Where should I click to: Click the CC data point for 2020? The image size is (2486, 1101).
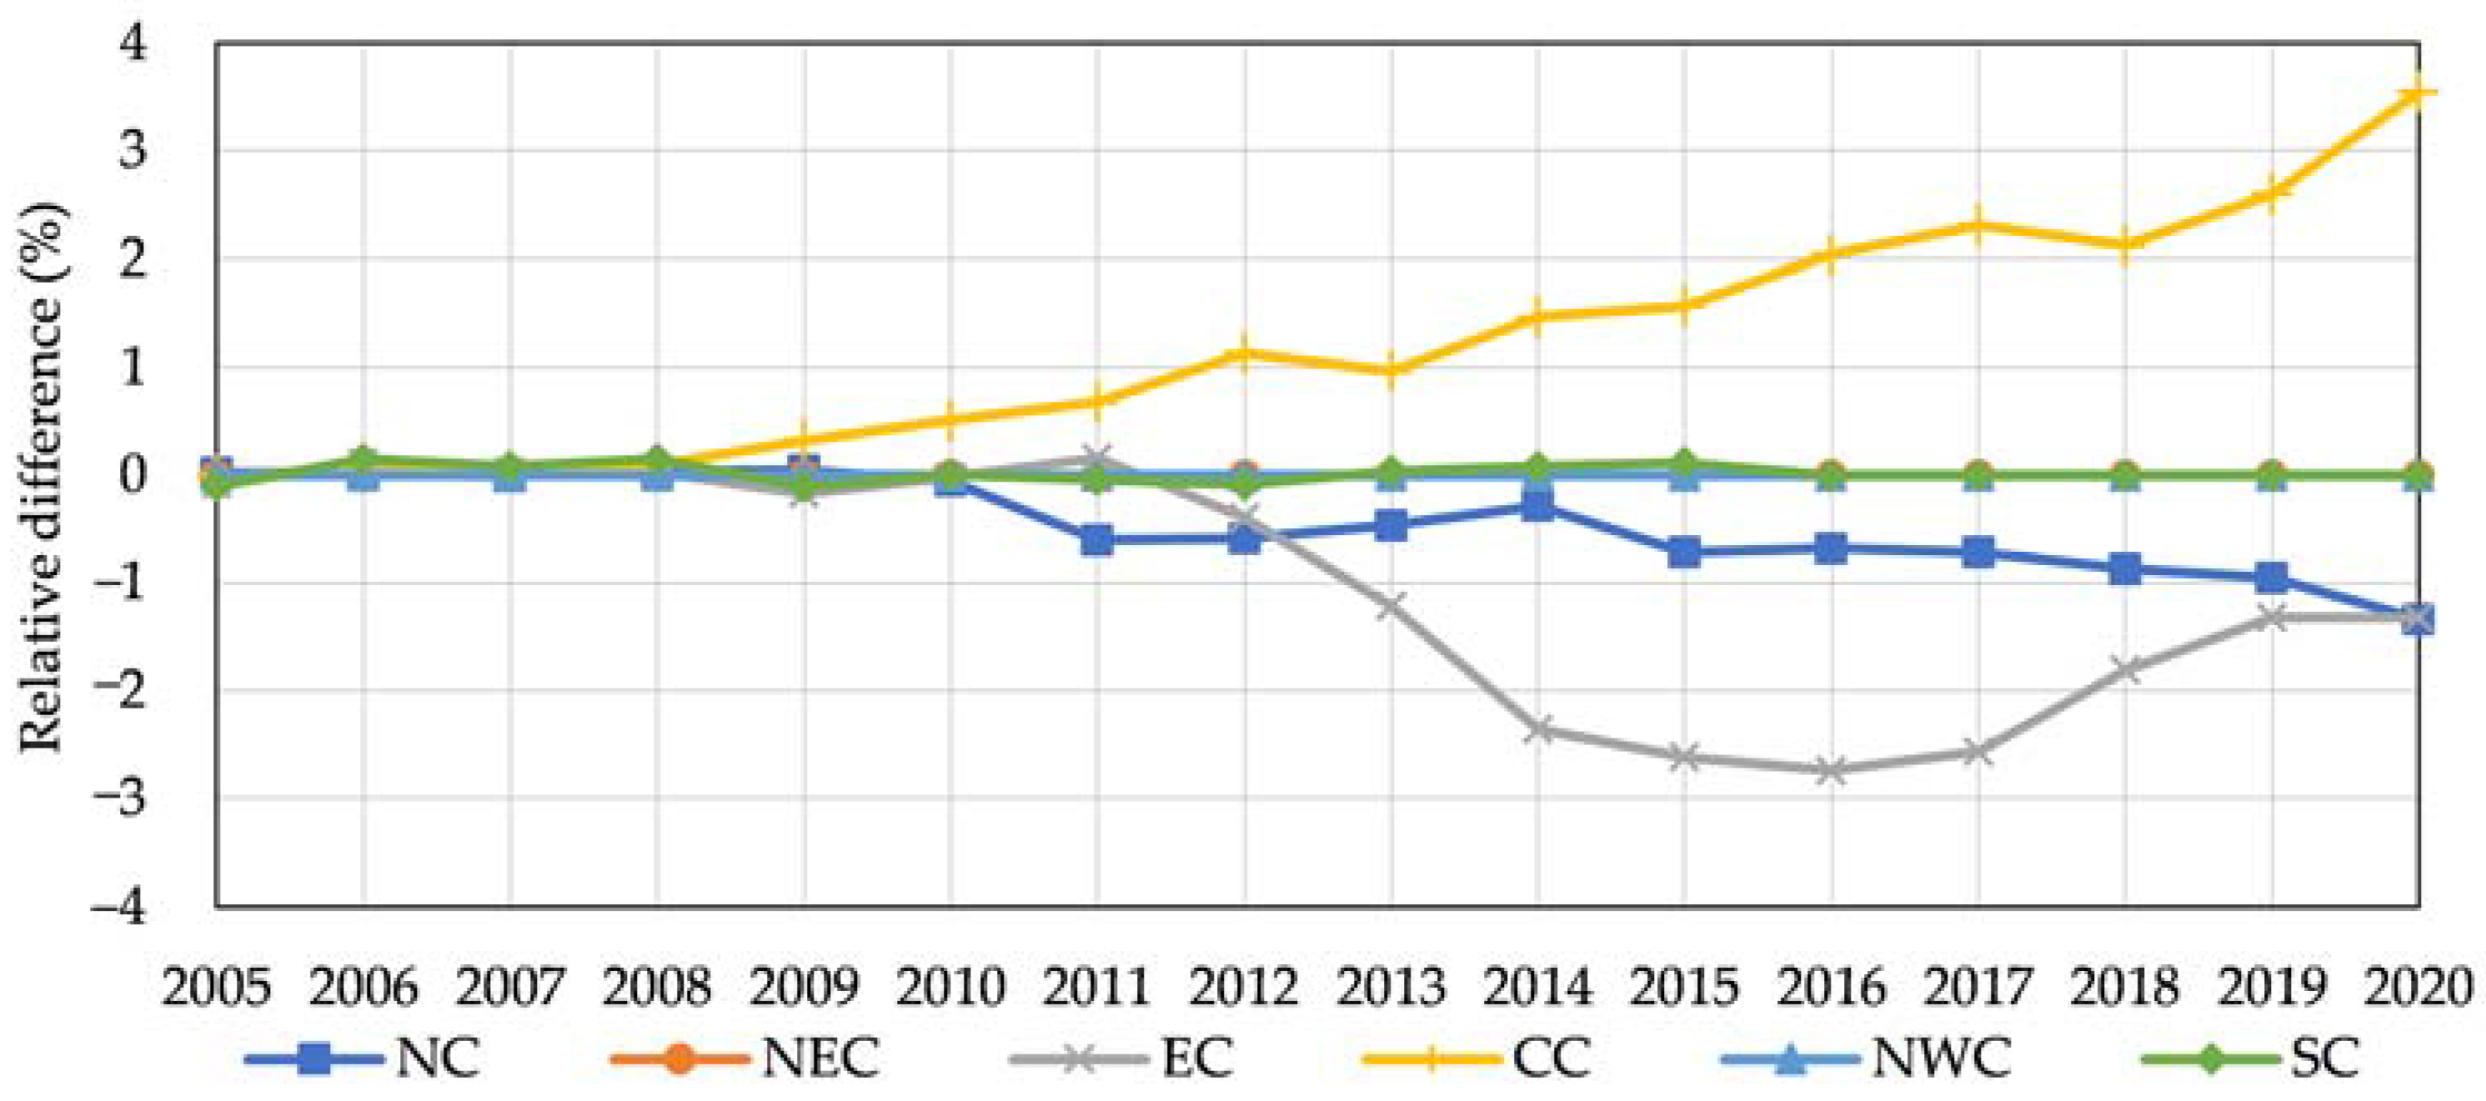(2418, 93)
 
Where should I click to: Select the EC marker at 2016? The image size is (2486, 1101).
(1831, 770)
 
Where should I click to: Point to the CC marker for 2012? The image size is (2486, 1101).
(1244, 353)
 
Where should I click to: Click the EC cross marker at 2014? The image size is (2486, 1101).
(1537, 729)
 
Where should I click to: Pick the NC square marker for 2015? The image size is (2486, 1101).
(1684, 553)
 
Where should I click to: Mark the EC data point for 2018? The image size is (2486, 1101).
(2125, 668)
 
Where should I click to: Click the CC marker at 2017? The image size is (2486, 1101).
(1978, 226)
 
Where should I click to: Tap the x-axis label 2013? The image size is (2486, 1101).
(1391, 987)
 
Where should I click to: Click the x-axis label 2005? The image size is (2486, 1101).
(216, 987)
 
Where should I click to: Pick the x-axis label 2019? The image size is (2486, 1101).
(2272, 987)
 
